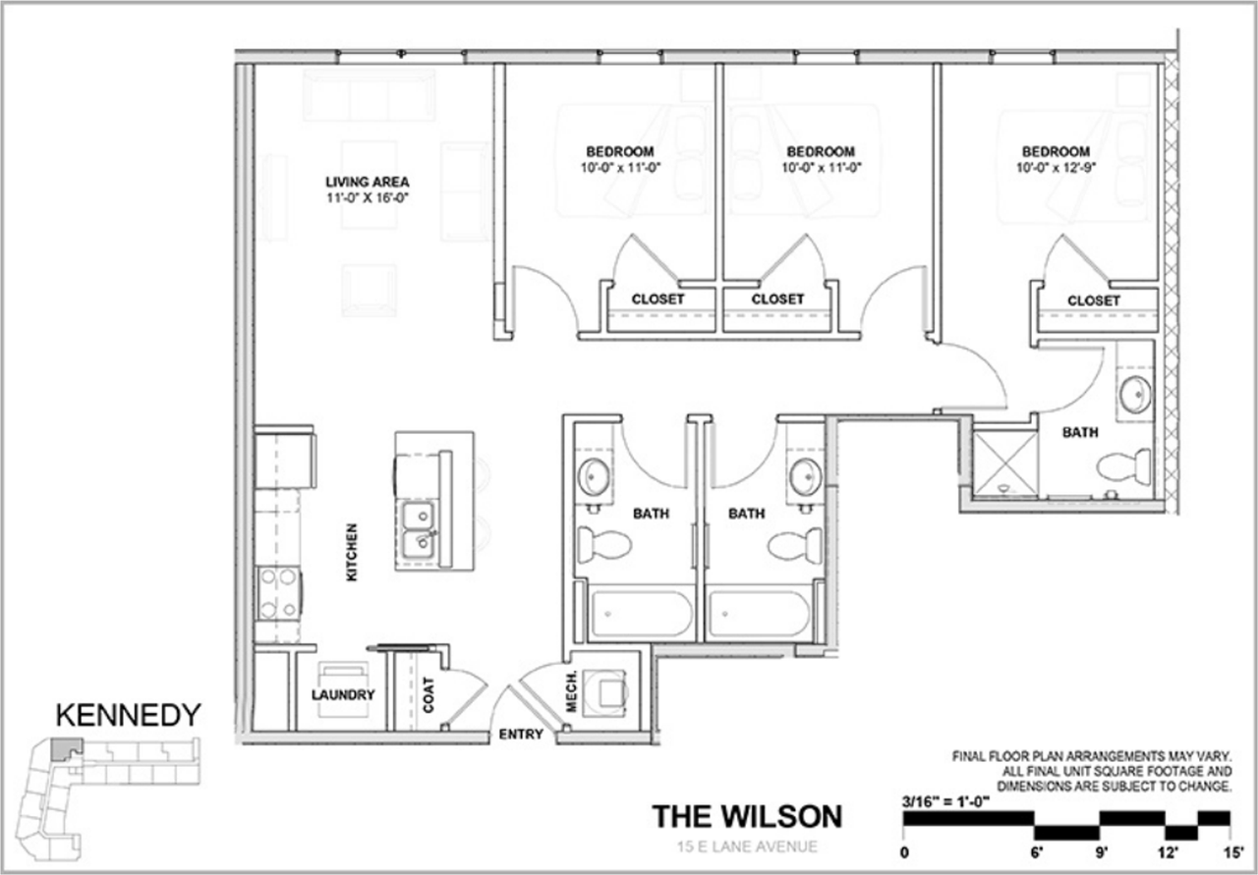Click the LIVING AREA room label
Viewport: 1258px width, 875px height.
[x=367, y=182]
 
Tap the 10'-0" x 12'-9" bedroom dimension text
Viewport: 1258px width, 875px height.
[x=1056, y=168]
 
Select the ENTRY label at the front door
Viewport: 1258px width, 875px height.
[x=520, y=735]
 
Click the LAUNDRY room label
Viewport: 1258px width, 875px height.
[x=343, y=695]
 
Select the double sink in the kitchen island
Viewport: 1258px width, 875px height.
[x=419, y=529]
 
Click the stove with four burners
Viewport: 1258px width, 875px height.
[x=278, y=593]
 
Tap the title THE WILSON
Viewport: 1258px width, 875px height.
[x=748, y=816]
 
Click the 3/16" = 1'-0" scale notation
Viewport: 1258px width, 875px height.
[x=944, y=800]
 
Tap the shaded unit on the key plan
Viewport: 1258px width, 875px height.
[x=66, y=748]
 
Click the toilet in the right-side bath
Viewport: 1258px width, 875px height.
[x=1124, y=465]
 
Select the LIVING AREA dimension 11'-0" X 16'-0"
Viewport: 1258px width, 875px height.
[x=367, y=196]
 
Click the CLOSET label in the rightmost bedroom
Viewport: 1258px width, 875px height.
[x=1093, y=301]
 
